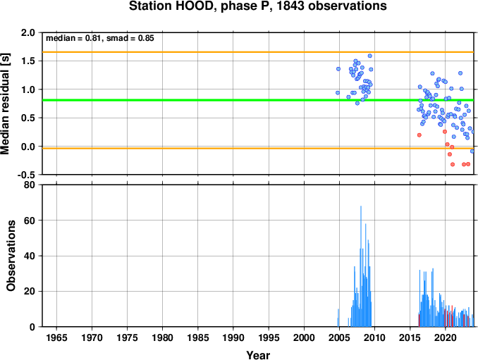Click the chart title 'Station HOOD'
coord(171,6)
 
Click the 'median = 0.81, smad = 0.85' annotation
coord(100,38)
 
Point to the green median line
coord(258,100)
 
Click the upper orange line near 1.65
coord(258,52)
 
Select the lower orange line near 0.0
coord(258,149)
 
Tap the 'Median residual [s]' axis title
coord(5,104)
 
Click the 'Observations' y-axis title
coord(11,256)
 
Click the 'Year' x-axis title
coord(258,355)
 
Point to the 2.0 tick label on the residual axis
coord(28,32)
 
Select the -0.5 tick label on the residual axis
coord(26,175)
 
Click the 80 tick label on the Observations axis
coord(30,185)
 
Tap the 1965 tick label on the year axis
coord(56,337)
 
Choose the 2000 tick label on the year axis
coord(304,337)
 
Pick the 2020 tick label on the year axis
coord(445,337)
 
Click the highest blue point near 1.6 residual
coord(369,56)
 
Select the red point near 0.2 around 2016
coord(419,135)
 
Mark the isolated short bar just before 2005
coord(338,318)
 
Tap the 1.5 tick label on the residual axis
coord(28,61)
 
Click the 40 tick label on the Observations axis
coord(30,256)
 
